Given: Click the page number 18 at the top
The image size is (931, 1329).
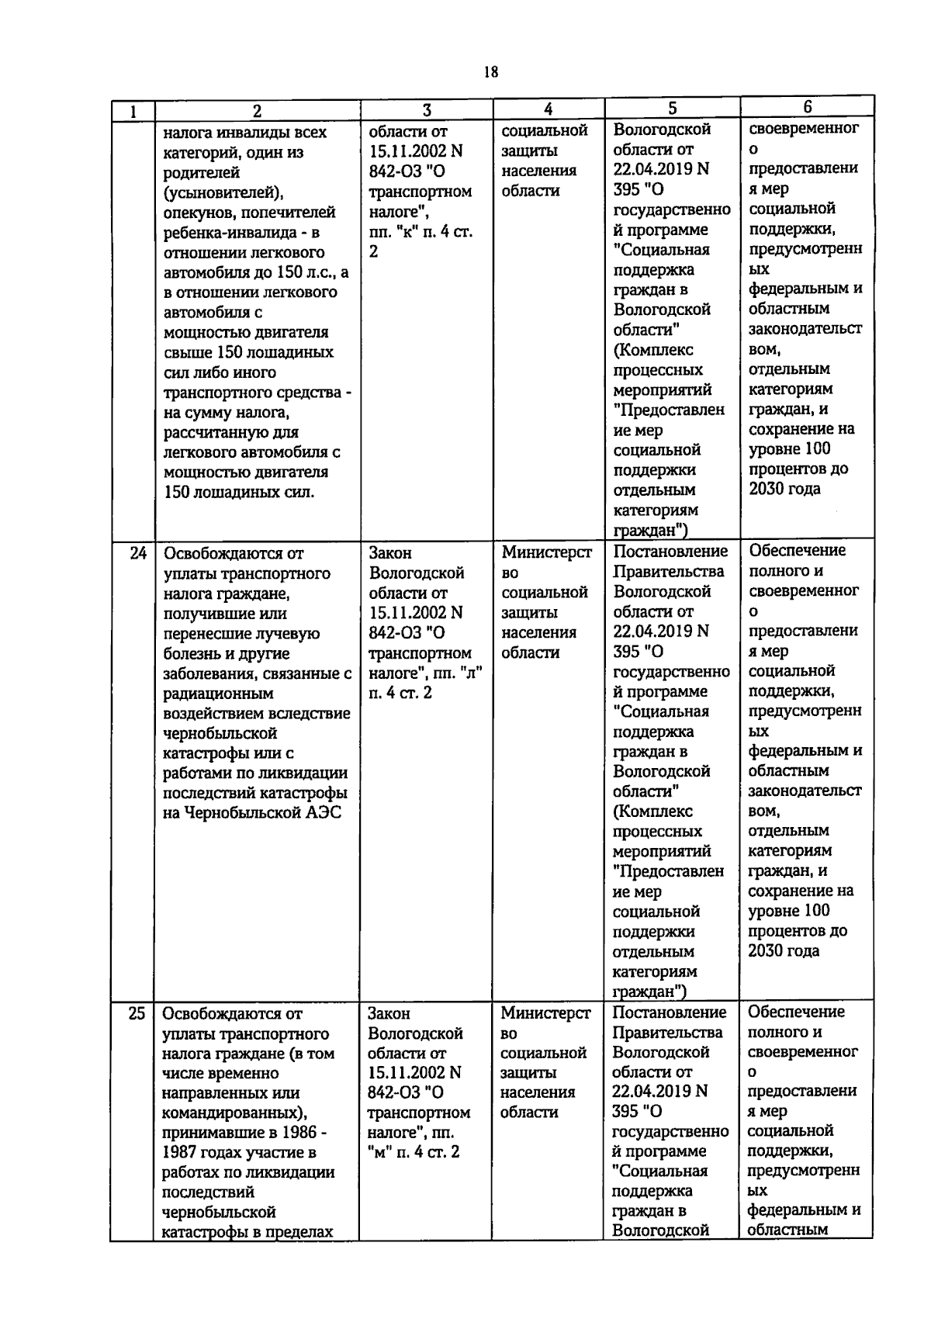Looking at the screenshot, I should point(490,72).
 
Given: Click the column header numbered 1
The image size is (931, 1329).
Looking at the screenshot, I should point(133,111).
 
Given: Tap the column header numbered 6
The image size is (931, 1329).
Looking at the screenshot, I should point(807,107).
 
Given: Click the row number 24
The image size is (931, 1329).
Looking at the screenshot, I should point(138,554).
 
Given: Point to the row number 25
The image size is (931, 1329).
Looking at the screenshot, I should point(137,1013).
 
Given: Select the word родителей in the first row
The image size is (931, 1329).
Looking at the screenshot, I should point(202,172).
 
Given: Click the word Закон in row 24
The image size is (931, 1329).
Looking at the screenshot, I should point(390,553).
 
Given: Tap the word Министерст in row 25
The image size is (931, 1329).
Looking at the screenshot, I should point(545,1013).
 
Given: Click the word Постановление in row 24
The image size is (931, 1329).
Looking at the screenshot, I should point(670,552).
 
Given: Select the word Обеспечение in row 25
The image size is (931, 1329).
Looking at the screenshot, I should point(796,1012).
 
